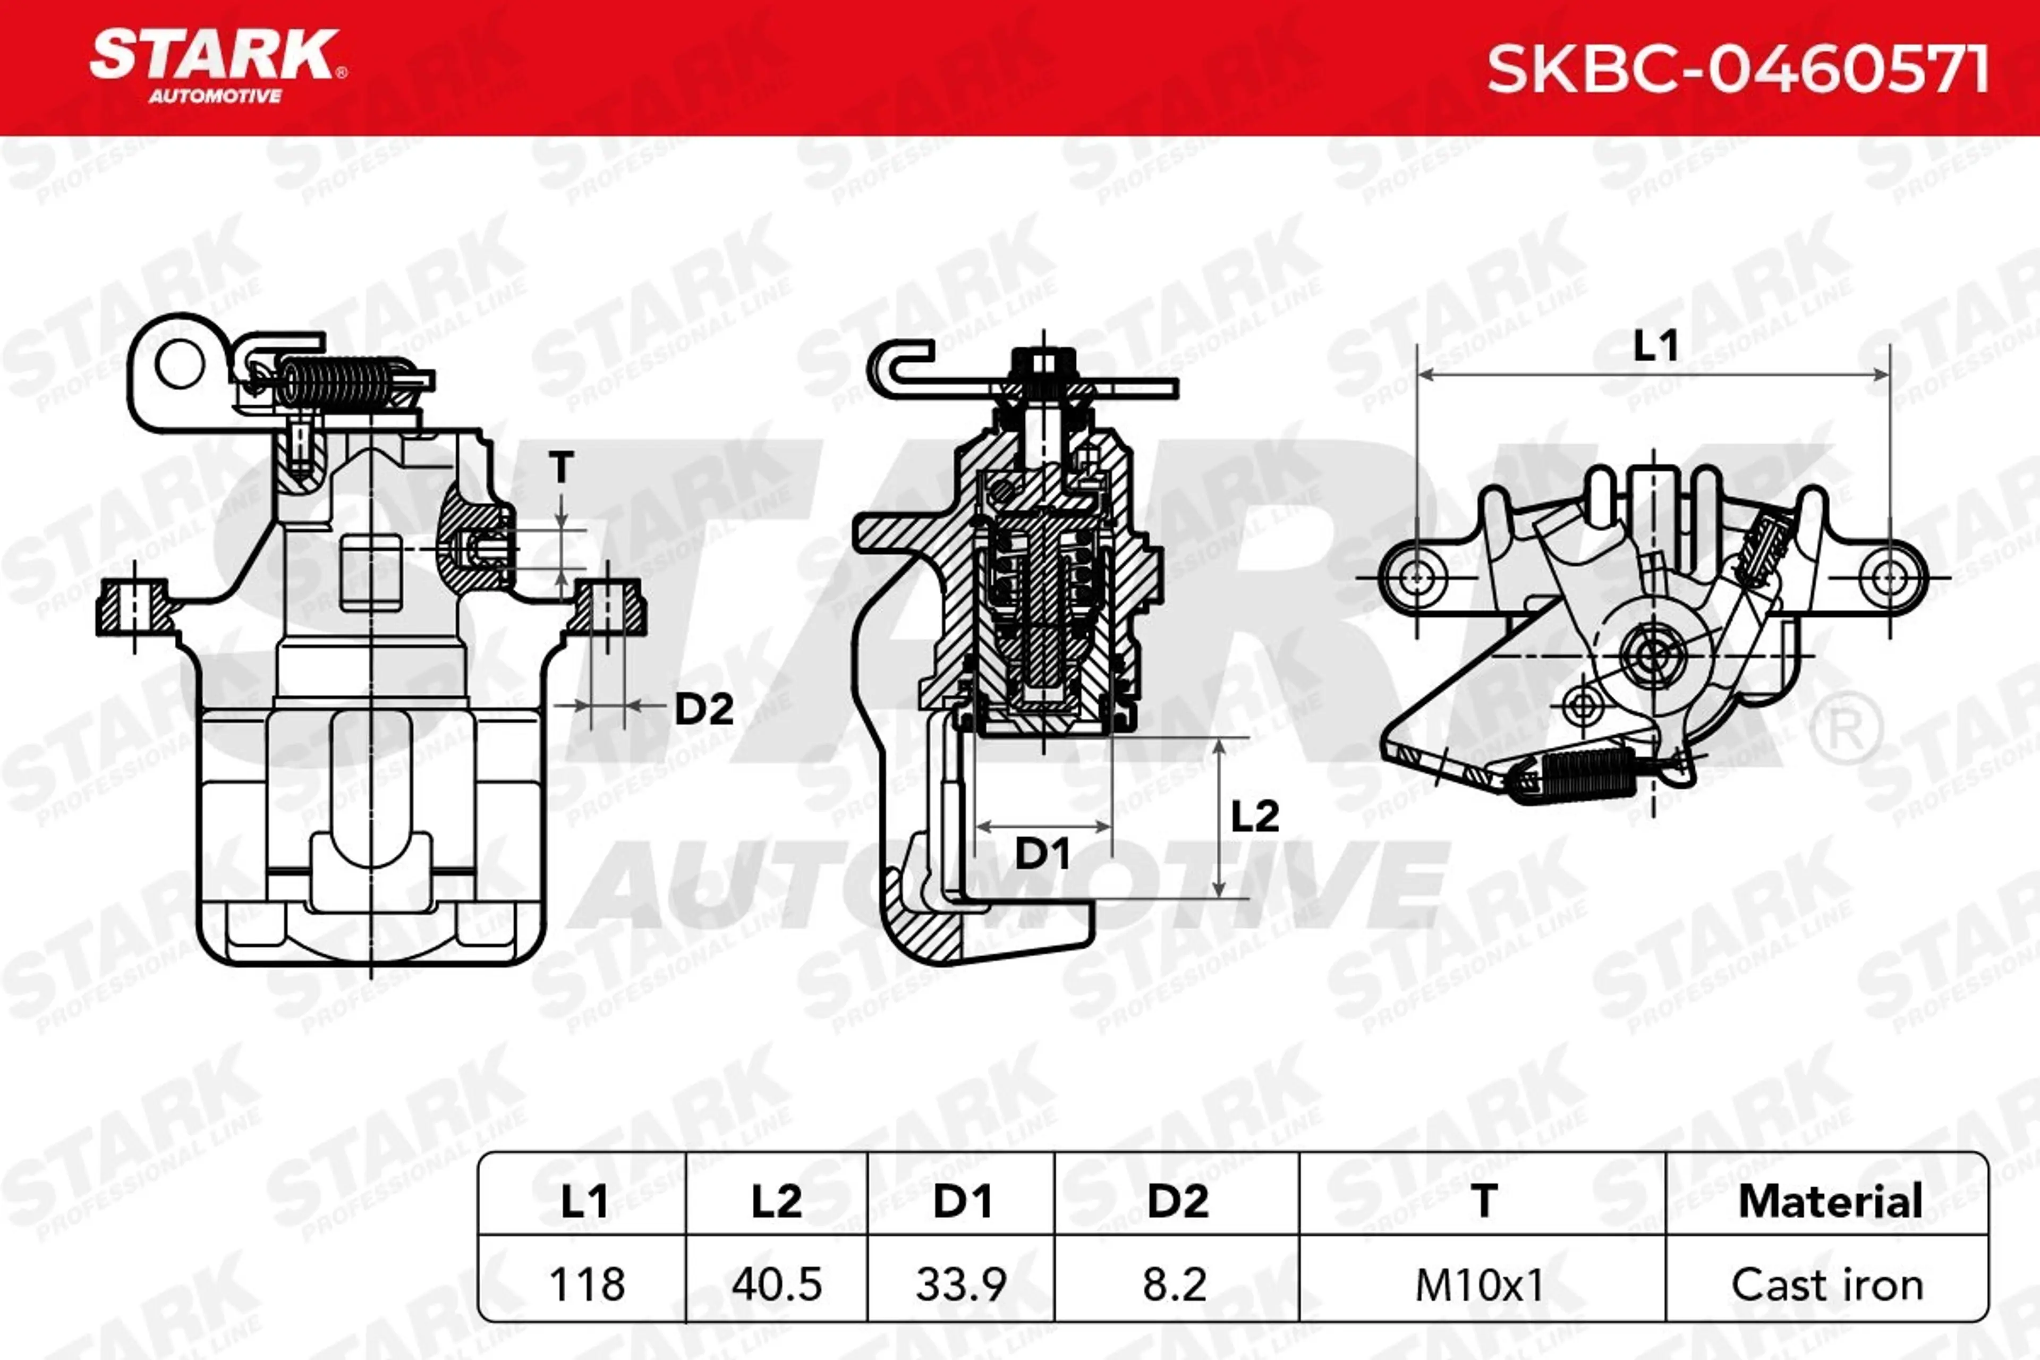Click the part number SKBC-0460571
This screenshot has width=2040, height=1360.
[1737, 70]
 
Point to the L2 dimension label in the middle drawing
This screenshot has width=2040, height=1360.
[1255, 816]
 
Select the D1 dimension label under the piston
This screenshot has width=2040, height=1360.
[1042, 854]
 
